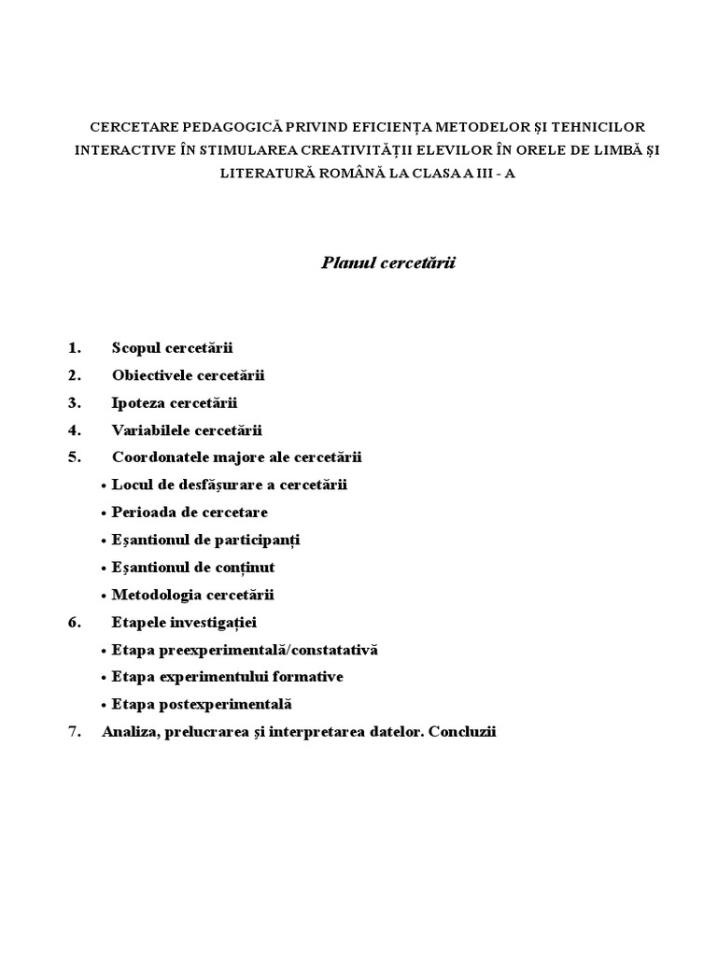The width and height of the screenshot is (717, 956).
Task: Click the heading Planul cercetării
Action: pyautogui.click(x=387, y=264)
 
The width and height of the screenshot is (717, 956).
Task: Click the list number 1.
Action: pyautogui.click(x=75, y=348)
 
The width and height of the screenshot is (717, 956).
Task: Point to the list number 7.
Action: pyautogui.click(x=75, y=732)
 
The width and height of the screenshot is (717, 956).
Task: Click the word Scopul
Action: pyautogui.click(x=136, y=348)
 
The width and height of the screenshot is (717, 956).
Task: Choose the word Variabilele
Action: pyautogui.click(x=149, y=430)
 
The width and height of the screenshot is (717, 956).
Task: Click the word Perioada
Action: pyautogui.click(x=142, y=513)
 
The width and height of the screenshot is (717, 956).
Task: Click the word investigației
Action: pyautogui.click(x=217, y=622)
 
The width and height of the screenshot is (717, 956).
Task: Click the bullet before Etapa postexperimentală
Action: pyautogui.click(x=104, y=705)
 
